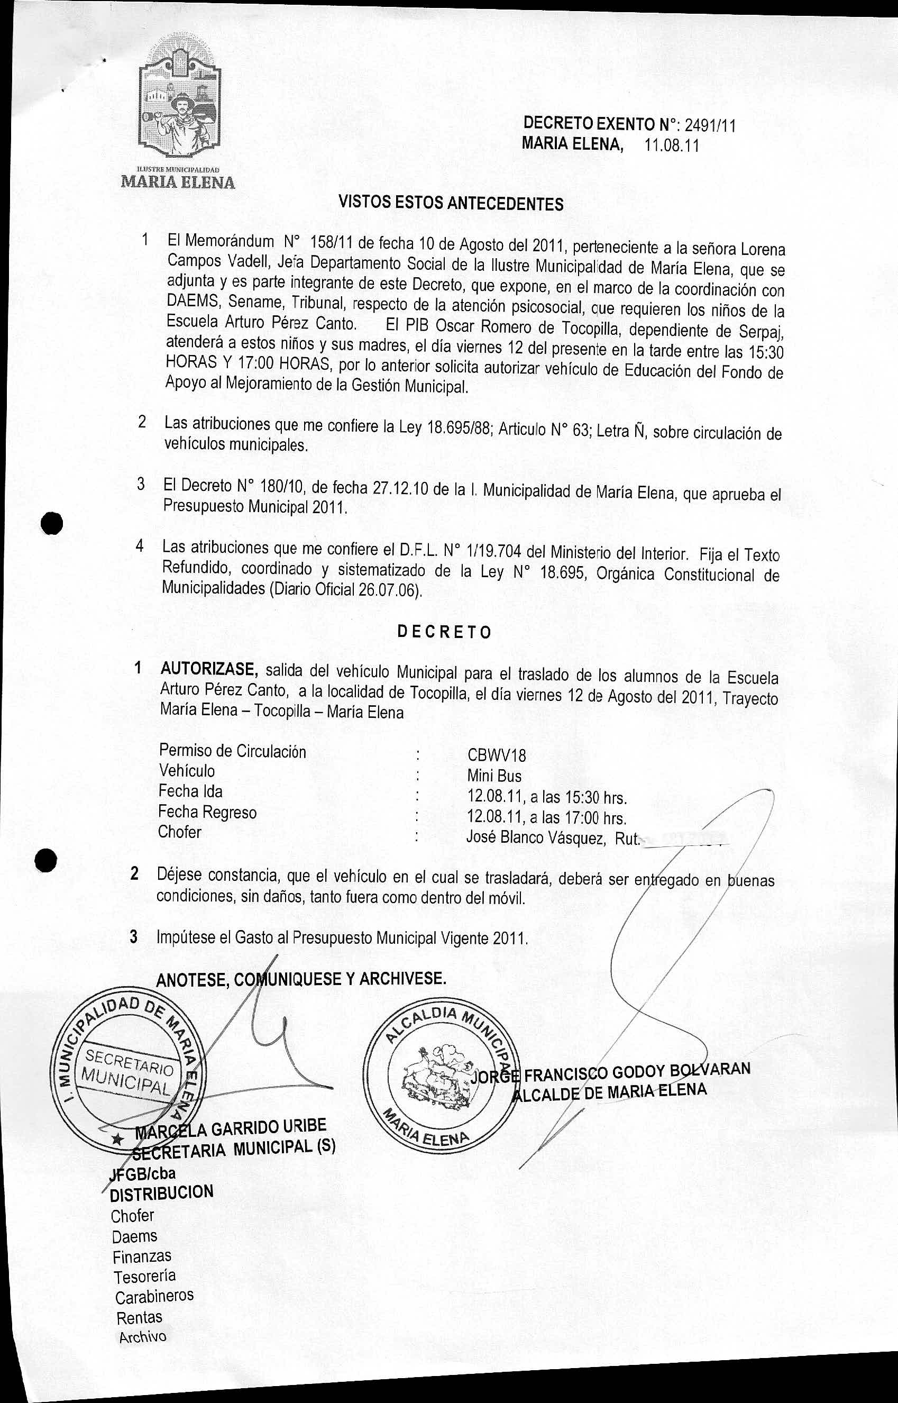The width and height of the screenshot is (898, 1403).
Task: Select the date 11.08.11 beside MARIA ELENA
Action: [671, 145]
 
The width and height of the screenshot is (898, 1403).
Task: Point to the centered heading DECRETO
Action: [444, 632]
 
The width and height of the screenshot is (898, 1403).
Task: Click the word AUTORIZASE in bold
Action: [209, 668]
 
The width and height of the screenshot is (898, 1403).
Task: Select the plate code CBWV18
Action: [496, 756]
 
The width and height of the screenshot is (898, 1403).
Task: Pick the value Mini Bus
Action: [494, 776]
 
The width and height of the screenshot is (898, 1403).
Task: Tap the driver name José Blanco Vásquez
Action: [534, 838]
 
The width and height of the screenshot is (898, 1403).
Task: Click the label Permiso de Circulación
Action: [232, 751]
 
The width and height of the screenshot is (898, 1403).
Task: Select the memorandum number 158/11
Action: [329, 241]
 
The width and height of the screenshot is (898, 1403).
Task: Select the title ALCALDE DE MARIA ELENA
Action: [609, 1091]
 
